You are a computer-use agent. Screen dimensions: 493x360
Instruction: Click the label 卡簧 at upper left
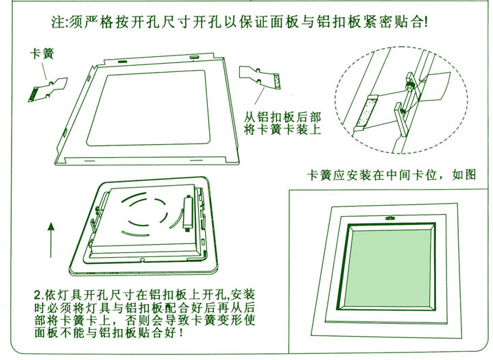(x=42, y=53)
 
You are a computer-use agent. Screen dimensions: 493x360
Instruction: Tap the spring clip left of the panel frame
(x=48, y=89)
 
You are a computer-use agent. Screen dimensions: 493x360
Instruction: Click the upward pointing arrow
(x=51, y=240)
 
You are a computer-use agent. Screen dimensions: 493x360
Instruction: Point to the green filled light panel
(x=387, y=267)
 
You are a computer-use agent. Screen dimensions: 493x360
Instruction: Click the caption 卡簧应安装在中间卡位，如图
(x=392, y=175)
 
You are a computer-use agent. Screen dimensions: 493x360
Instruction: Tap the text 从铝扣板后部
(x=282, y=117)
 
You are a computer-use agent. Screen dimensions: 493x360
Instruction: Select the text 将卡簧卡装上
(x=282, y=129)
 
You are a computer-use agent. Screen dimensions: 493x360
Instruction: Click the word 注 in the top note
(x=58, y=23)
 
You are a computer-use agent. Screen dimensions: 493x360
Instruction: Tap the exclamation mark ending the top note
(x=426, y=23)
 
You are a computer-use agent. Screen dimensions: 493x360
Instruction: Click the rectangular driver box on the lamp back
(x=188, y=212)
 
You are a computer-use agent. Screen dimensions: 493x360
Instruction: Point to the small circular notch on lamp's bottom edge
(x=142, y=260)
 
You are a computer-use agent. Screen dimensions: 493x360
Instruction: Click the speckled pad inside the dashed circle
(x=365, y=112)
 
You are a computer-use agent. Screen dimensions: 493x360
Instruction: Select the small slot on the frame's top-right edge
(x=194, y=57)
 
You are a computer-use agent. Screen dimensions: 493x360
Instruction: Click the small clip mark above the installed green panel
(x=390, y=217)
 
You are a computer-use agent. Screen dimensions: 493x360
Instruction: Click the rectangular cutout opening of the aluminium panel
(x=148, y=108)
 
